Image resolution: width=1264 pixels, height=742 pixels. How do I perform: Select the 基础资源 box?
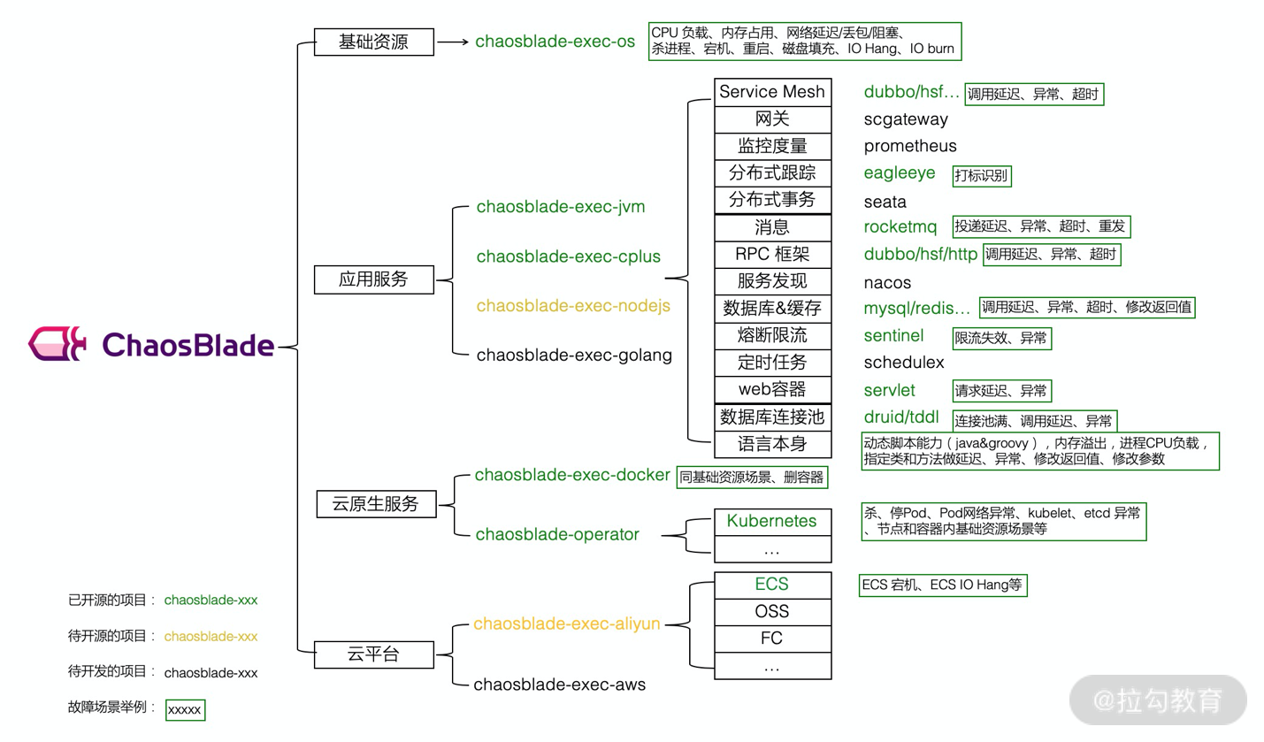[374, 42]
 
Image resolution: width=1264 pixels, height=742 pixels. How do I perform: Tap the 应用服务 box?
[374, 279]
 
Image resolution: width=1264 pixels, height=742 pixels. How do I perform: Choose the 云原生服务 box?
[374, 504]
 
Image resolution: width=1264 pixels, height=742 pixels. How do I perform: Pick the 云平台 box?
[374, 654]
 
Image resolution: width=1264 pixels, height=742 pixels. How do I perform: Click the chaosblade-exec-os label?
[555, 42]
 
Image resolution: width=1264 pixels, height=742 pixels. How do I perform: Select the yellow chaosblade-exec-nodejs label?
[573, 306]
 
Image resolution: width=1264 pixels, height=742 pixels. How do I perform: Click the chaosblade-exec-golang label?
[574, 356]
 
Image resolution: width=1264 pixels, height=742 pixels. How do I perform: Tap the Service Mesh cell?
[772, 92]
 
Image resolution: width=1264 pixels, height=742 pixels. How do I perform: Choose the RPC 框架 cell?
[772, 255]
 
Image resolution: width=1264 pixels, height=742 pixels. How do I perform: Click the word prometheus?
[910, 146]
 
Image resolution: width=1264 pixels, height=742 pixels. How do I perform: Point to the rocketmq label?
[900, 227]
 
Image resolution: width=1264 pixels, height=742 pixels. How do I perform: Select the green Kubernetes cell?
[772, 521]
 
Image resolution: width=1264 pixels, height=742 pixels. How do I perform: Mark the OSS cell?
[772, 611]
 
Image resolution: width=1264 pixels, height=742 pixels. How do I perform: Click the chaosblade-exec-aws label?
[559, 685]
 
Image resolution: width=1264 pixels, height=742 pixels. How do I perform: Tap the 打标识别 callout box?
[981, 175]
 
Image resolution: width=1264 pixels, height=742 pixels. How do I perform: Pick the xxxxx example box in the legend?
[185, 709]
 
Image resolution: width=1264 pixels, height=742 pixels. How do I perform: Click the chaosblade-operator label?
[557, 534]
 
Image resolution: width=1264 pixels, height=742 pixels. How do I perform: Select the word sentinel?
[893, 336]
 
